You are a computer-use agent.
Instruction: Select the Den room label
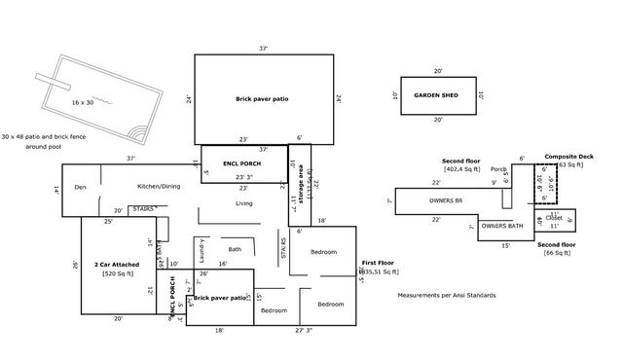click(80, 186)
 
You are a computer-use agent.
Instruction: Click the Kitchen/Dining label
click(158, 185)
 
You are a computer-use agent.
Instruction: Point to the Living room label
click(244, 203)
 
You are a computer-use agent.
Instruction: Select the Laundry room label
click(201, 250)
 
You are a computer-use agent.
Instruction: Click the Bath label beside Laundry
click(235, 249)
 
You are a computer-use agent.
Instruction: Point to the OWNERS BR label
click(446, 200)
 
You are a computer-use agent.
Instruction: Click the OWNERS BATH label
click(502, 226)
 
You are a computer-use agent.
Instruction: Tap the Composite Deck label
click(568, 157)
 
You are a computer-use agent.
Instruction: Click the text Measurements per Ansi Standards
click(447, 295)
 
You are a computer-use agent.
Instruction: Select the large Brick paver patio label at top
click(262, 99)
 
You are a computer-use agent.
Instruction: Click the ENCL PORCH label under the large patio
click(241, 163)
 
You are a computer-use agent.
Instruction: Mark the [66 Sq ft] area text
click(558, 252)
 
